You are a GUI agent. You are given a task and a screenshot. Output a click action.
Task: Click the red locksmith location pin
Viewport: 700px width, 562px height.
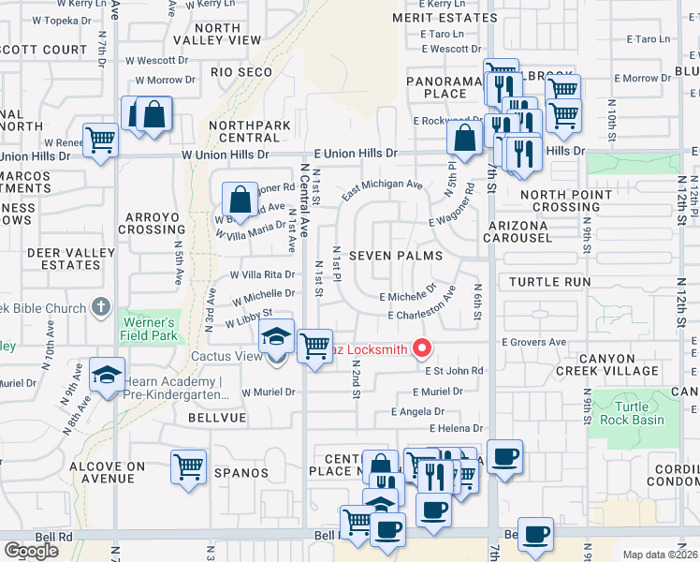[422, 349]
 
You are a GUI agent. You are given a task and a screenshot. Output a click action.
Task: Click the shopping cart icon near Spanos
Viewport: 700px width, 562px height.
[188, 466]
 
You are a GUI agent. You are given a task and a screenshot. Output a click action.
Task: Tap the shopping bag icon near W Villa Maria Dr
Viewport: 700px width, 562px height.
[241, 199]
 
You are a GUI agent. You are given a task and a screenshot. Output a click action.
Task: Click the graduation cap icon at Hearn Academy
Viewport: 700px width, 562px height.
[107, 377]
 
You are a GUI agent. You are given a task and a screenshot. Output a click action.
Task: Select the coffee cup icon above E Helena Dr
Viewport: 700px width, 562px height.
[504, 457]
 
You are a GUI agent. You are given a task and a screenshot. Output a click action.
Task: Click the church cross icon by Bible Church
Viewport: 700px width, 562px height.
[102, 307]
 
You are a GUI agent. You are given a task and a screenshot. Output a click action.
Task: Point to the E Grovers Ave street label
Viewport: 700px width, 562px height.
[534, 343]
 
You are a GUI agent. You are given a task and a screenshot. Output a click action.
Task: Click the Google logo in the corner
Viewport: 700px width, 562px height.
[30, 551]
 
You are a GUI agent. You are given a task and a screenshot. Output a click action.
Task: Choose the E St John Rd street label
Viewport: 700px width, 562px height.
[453, 371]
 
